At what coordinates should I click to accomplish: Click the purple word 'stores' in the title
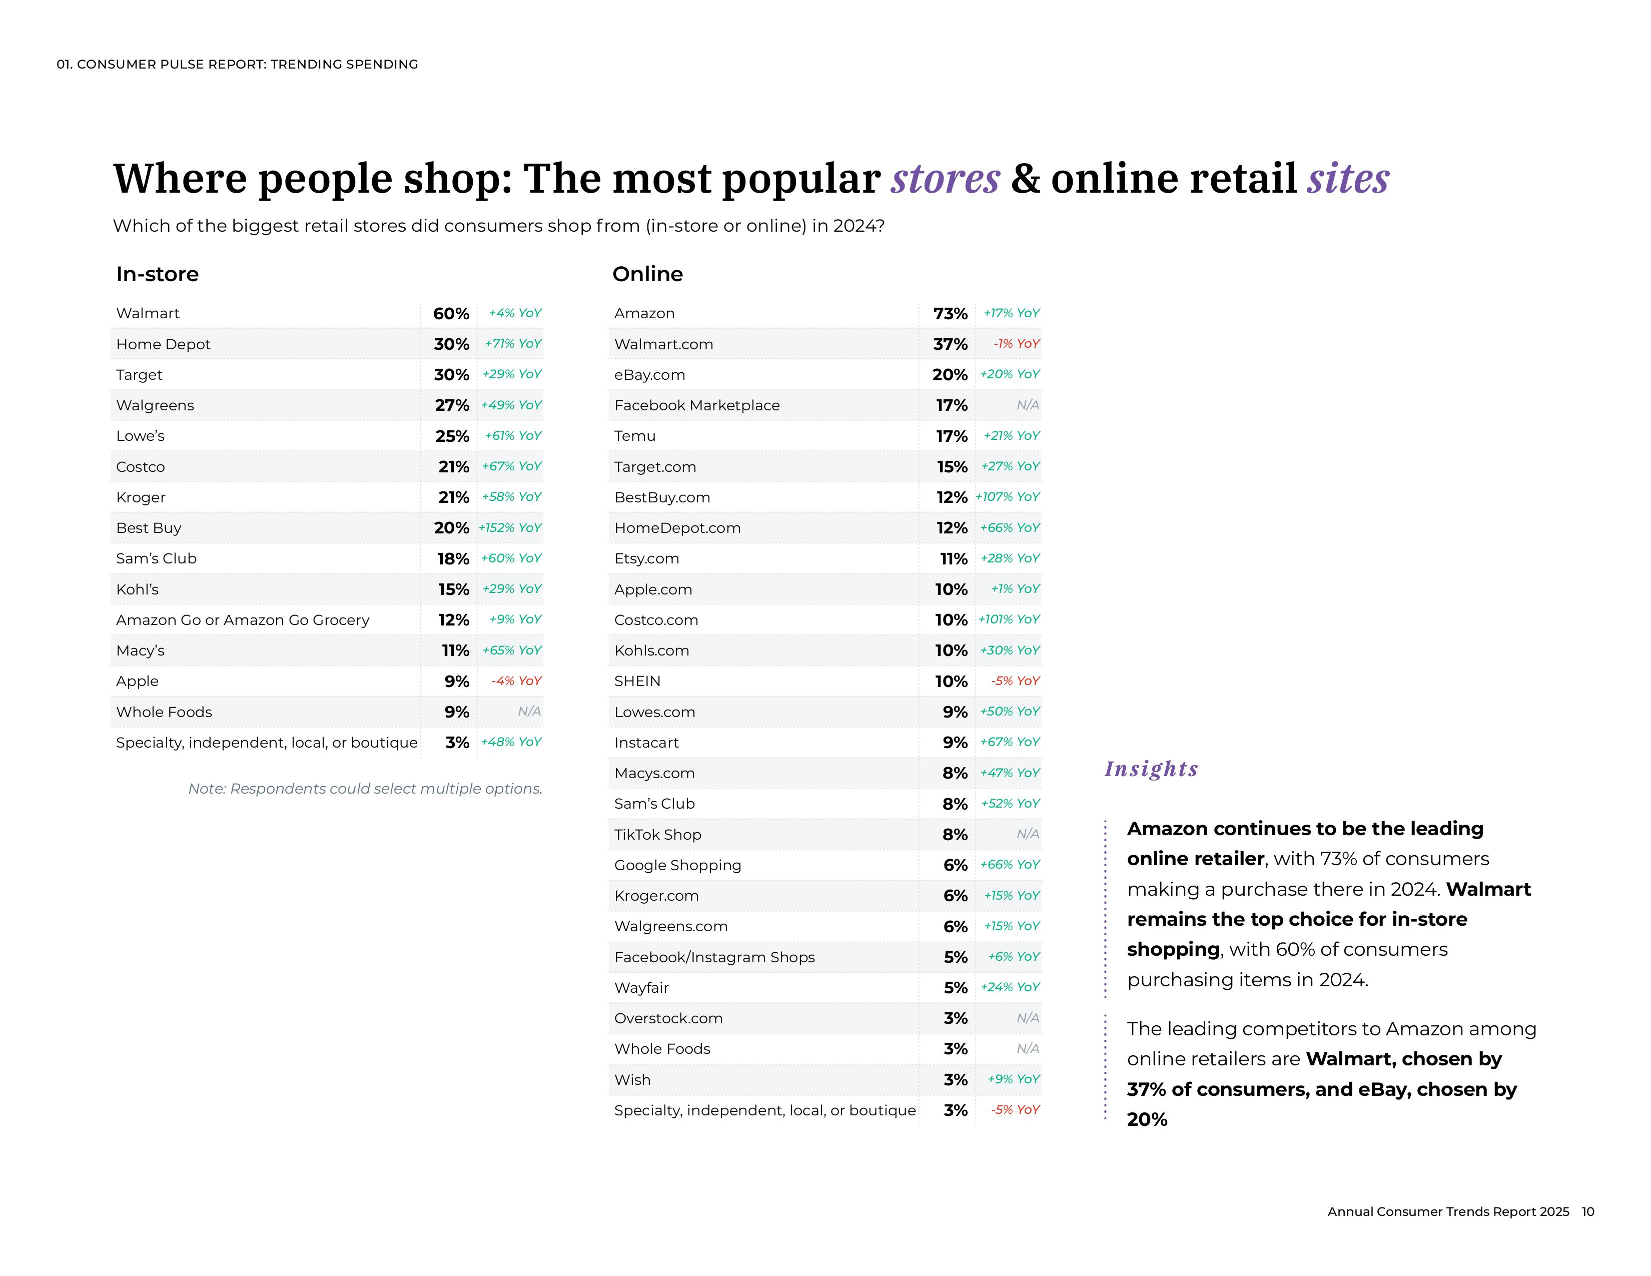[x=945, y=179]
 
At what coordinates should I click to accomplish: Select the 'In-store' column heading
[x=157, y=274]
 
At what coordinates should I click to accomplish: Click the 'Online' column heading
[x=647, y=274]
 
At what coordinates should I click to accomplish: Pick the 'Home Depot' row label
[x=163, y=344]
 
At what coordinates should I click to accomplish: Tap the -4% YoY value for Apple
[x=516, y=681]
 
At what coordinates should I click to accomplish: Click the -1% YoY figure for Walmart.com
[x=1016, y=344]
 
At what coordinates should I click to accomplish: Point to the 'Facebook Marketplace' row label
[x=696, y=405]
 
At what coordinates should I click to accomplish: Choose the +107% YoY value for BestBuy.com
[x=1007, y=497]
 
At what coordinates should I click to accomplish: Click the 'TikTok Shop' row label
[x=658, y=835]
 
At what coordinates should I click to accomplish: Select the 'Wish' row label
[x=632, y=1079]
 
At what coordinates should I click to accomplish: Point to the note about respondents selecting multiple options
[x=365, y=789]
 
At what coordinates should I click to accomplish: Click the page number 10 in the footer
[x=1587, y=1212]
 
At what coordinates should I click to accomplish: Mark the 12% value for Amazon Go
[x=454, y=620]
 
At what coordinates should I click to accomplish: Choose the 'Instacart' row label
[x=646, y=742]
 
